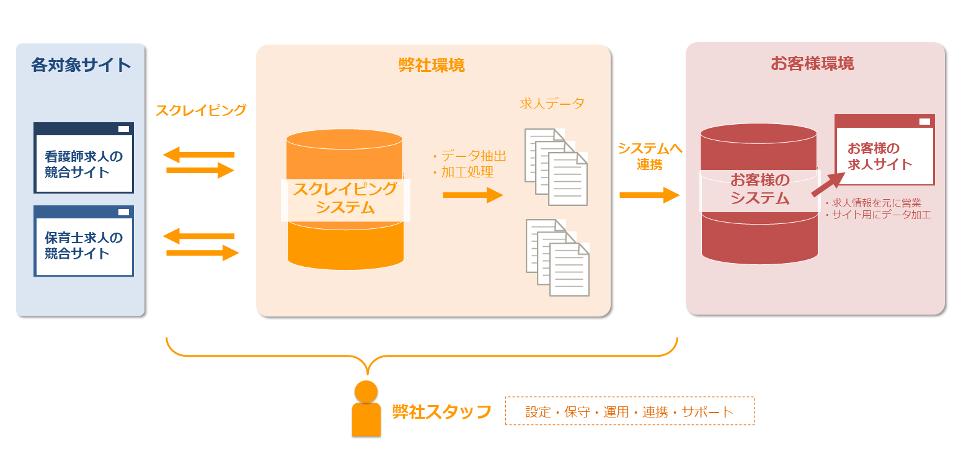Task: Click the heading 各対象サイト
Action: [81, 65]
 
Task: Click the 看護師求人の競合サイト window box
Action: [84, 158]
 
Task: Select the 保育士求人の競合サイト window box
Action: [84, 241]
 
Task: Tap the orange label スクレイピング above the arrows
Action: [201, 110]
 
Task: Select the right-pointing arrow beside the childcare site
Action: [203, 252]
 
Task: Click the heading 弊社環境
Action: [432, 65]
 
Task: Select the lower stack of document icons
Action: [557, 257]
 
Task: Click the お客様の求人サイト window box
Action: [884, 150]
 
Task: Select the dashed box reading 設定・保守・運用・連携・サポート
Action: [629, 411]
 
